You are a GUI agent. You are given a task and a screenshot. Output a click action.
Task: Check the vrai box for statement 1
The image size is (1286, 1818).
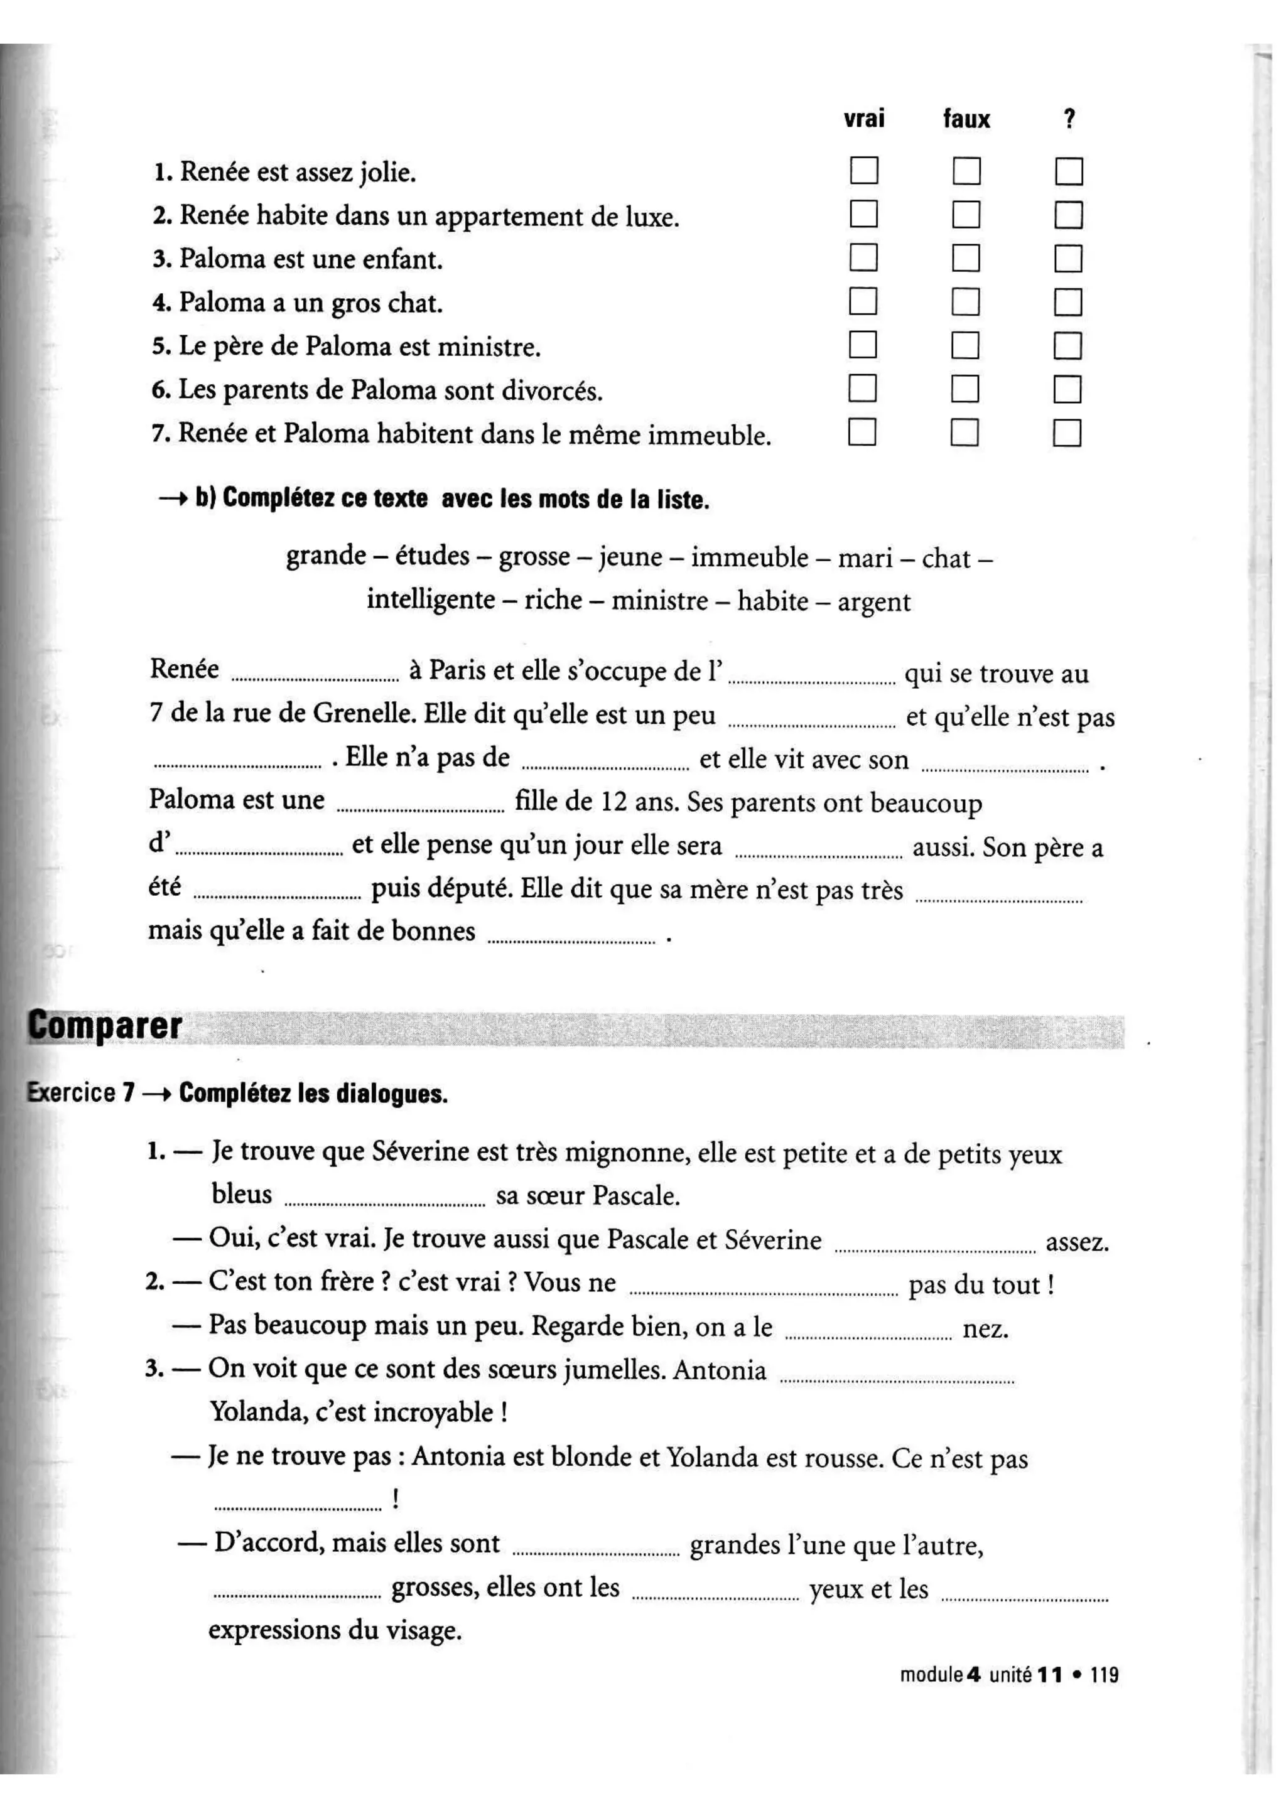tap(863, 170)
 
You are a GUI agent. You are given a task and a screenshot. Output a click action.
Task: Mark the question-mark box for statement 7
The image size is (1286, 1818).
tap(1067, 433)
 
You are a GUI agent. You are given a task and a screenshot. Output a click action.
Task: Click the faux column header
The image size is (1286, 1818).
tap(966, 119)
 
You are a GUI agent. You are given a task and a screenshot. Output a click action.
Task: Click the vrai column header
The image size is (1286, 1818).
tap(864, 119)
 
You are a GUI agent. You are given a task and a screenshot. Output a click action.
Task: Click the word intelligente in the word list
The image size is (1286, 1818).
tap(431, 600)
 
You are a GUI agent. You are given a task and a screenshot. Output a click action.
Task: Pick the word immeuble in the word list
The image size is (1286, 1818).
tap(749, 557)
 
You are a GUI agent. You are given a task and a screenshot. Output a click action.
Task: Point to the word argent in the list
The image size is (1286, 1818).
tap(873, 602)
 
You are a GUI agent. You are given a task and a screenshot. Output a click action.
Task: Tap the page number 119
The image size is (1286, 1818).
tap(1104, 1675)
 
